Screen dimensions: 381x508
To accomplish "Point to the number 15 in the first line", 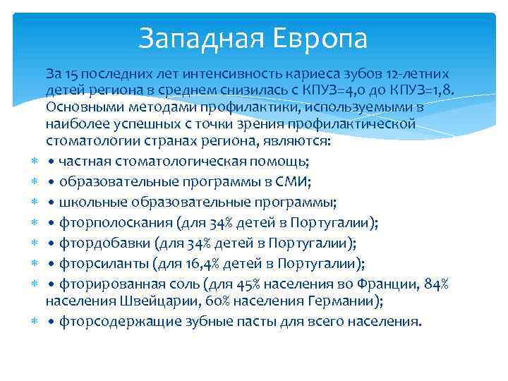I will (x=71, y=74).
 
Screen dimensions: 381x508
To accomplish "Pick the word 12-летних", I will (x=419, y=74).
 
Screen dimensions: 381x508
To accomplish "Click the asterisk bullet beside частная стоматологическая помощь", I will (x=34, y=162).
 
